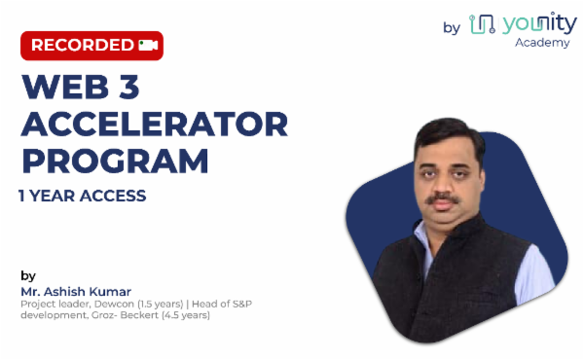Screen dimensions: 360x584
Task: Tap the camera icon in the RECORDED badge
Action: pyautogui.click(x=148, y=45)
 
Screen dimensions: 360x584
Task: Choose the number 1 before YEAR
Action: pyautogui.click(x=22, y=196)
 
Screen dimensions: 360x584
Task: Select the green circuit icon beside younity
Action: pyautogui.click(x=480, y=24)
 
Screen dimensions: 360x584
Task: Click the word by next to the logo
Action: pyautogui.click(x=452, y=27)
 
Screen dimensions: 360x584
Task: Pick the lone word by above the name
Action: pyautogui.click(x=27, y=275)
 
